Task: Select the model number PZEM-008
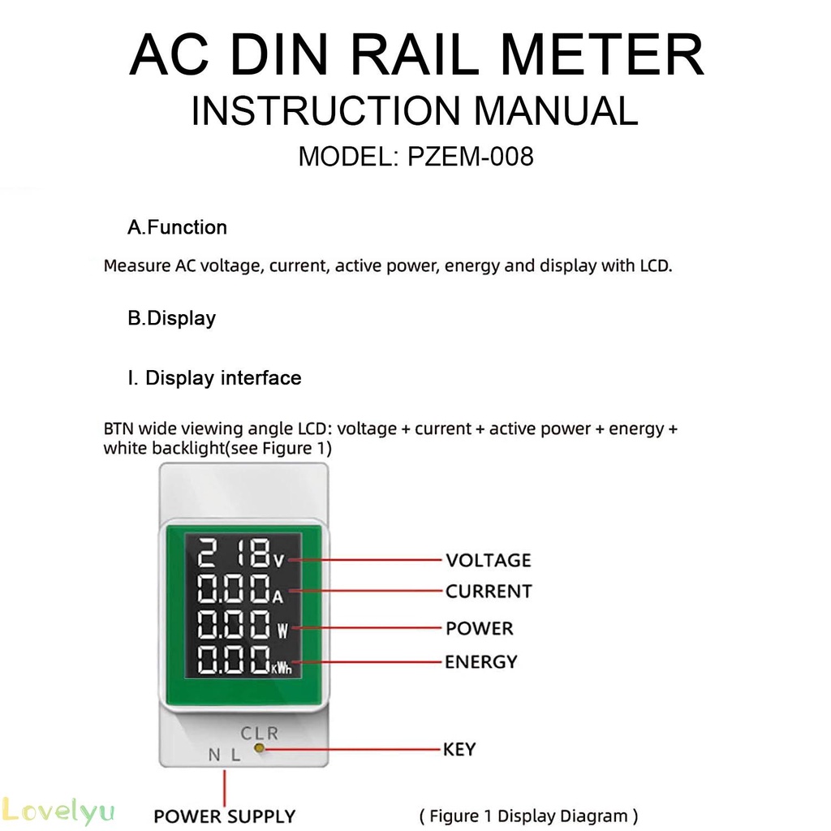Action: (x=471, y=156)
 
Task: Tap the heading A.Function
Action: (x=177, y=227)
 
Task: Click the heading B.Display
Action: (x=171, y=318)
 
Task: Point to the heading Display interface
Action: (x=223, y=378)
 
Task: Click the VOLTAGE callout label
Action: (x=488, y=560)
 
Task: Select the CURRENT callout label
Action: (x=489, y=592)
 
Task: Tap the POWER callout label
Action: (x=480, y=628)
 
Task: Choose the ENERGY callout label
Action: (x=480, y=662)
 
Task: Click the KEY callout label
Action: (x=459, y=748)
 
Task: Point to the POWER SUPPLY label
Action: (x=225, y=816)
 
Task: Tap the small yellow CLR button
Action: (x=260, y=748)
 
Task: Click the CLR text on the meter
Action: (x=260, y=733)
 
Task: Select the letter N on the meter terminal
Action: (x=214, y=755)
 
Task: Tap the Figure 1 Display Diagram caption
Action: (x=528, y=816)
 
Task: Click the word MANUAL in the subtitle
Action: (x=556, y=111)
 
